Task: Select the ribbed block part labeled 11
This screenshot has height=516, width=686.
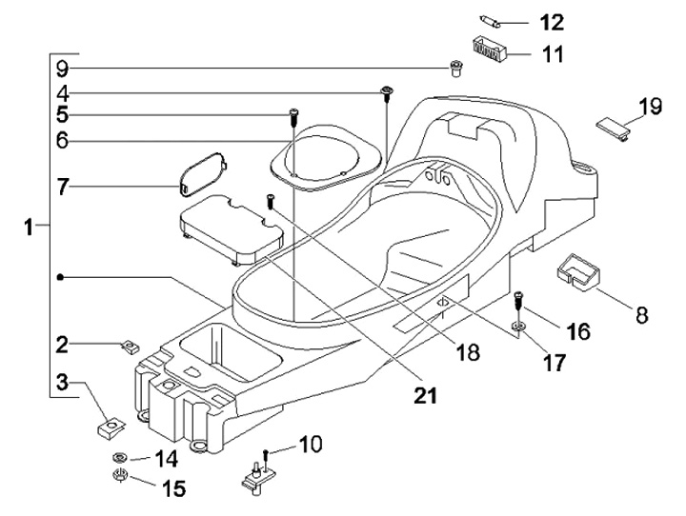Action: [490, 47]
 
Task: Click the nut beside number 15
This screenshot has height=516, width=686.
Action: [121, 476]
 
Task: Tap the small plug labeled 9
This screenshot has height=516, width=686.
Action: [455, 68]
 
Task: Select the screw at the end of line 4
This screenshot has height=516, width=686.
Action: [387, 91]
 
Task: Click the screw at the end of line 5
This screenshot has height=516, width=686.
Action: [294, 116]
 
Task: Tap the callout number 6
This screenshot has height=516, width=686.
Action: [62, 141]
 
